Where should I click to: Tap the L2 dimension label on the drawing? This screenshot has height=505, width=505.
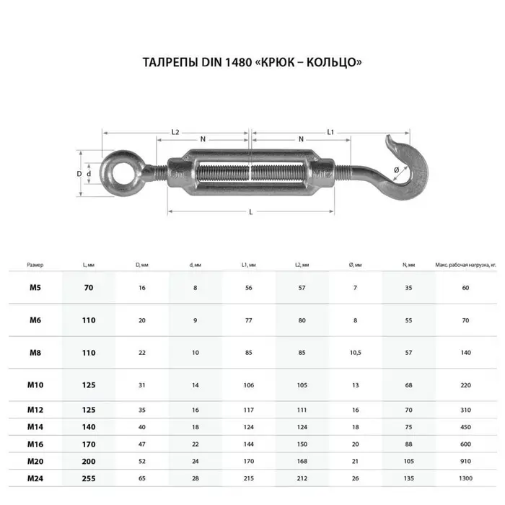pyautogui.click(x=175, y=133)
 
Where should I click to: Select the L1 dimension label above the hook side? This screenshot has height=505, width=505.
pyautogui.click(x=330, y=133)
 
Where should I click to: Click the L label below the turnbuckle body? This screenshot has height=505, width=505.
pyautogui.click(x=250, y=211)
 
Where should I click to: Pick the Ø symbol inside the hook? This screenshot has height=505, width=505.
pyautogui.click(x=396, y=170)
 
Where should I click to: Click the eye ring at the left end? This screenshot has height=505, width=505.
pyautogui.click(x=117, y=174)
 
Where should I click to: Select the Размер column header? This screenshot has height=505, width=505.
pyautogui.click(x=35, y=265)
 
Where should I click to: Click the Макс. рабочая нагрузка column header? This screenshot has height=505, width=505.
pyautogui.click(x=465, y=265)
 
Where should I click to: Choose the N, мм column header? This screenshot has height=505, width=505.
pyautogui.click(x=408, y=265)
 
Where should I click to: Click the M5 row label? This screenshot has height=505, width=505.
pyautogui.click(x=35, y=288)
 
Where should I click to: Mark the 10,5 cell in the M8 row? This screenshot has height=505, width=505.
pyautogui.click(x=355, y=353)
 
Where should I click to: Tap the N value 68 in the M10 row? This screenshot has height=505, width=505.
pyautogui.click(x=408, y=385)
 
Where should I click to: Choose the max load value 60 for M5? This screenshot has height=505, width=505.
pyautogui.click(x=465, y=288)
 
